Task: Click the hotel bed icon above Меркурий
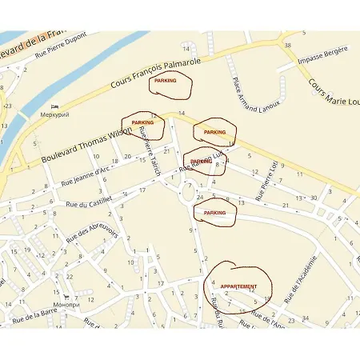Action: (x=54, y=106)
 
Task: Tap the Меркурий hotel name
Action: (x=55, y=115)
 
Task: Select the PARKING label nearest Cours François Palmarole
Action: (x=166, y=82)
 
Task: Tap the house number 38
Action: (x=287, y=46)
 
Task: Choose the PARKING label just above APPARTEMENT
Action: (x=214, y=213)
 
